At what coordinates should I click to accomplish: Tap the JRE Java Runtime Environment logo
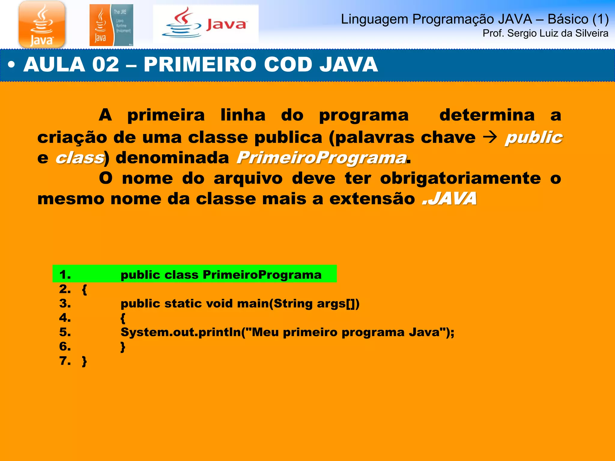coord(111,25)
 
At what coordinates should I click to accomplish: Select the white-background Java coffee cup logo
coord(205,24)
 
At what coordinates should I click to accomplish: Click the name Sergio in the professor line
coord(522,33)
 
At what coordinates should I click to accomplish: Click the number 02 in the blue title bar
coord(105,65)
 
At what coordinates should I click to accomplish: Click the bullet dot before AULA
coord(11,65)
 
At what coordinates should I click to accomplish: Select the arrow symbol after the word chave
coord(490,138)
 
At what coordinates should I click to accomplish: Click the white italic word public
coord(534,137)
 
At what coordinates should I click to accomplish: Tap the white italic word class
coord(80,158)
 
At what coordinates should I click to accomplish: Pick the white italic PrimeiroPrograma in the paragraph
coord(321,158)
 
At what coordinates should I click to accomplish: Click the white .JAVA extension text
coord(449,199)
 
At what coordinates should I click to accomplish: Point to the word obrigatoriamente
coord(460,178)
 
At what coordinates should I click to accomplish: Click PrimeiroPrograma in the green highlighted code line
coord(262,275)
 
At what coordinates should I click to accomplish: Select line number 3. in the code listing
coord(65,303)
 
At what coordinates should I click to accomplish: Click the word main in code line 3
coord(253,303)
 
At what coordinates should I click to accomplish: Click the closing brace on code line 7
coord(84,361)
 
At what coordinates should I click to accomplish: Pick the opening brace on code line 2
coord(84,290)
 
